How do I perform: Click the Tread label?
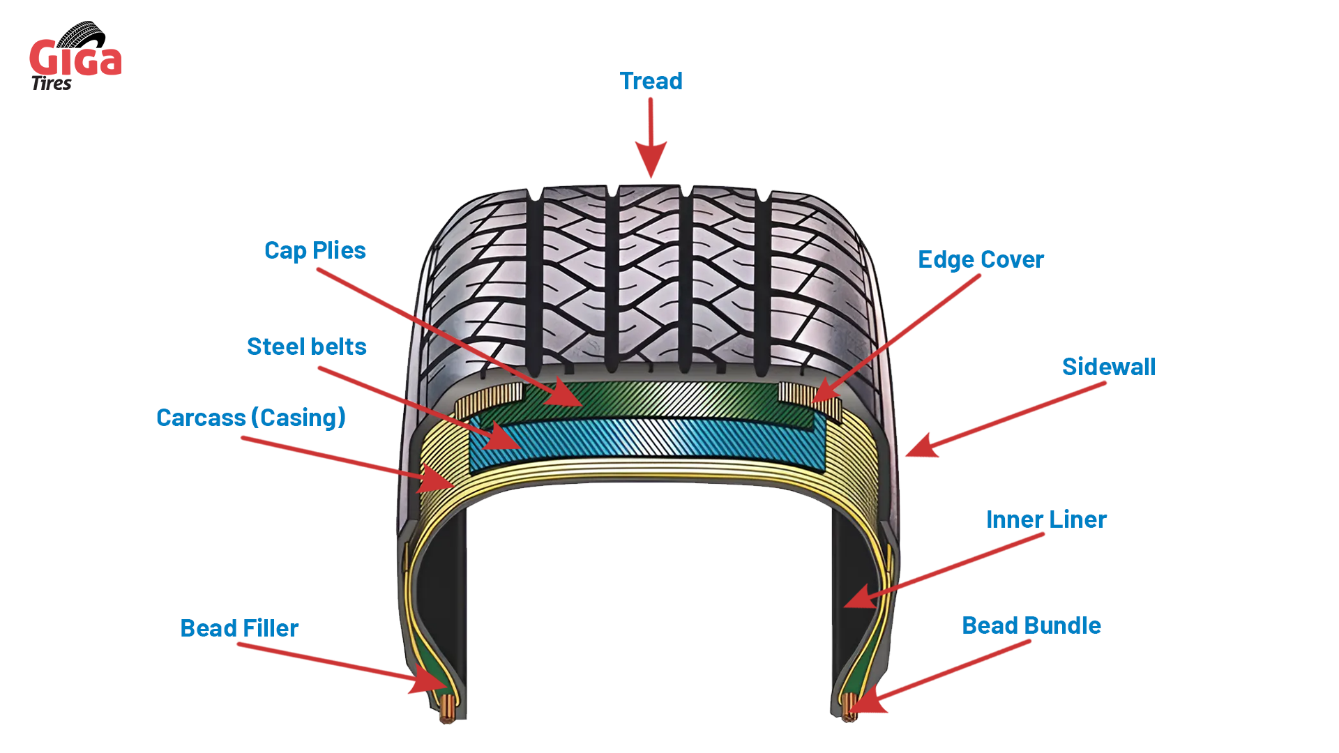pos(651,82)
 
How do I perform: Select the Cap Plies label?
pos(315,251)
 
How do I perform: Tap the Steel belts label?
pos(306,347)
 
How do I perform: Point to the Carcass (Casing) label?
pos(250,418)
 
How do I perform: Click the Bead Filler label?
pos(239,629)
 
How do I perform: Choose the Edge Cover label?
pos(980,260)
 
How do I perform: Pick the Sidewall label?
pos(1108,367)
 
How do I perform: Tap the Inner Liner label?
pos(1045,520)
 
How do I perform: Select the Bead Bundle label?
pos(1031,626)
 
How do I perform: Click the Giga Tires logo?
pos(75,57)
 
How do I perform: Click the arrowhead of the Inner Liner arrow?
pos(861,598)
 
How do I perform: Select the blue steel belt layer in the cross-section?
pos(649,439)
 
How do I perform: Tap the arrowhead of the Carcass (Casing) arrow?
pos(436,480)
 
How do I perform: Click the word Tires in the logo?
pos(52,84)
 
